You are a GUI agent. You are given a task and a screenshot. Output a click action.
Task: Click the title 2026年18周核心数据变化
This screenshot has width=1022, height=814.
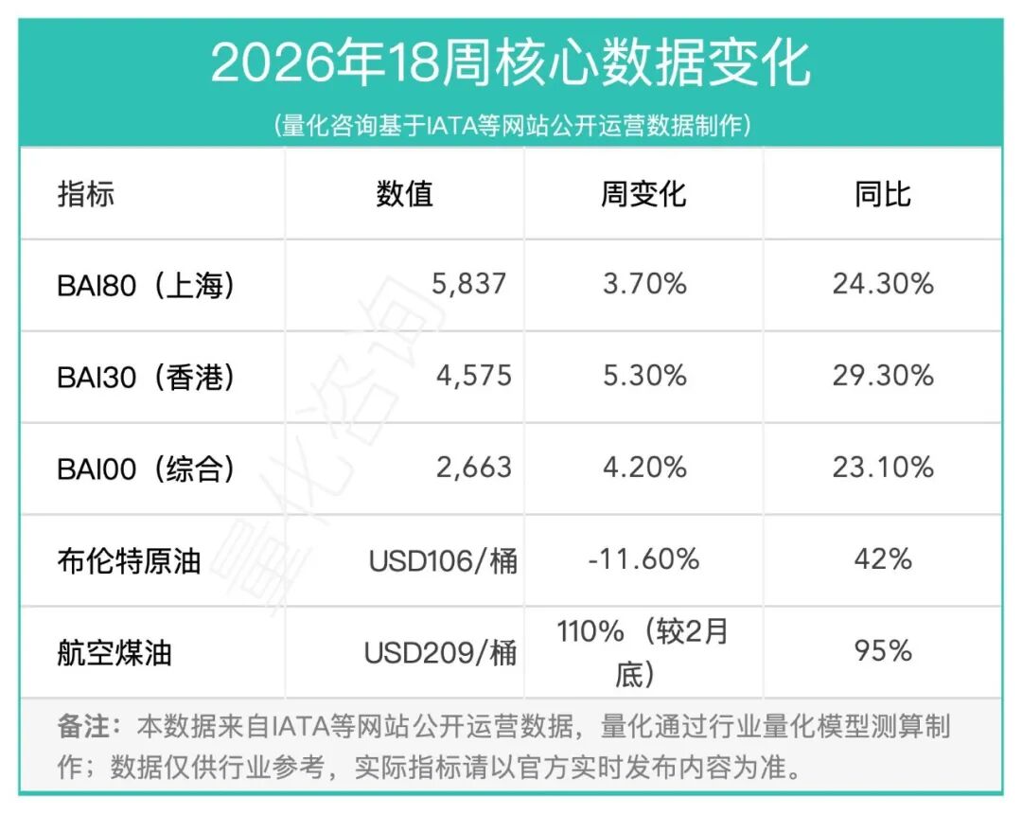click(x=510, y=64)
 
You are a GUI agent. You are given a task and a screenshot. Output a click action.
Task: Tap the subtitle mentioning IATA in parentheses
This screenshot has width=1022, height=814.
click(x=510, y=125)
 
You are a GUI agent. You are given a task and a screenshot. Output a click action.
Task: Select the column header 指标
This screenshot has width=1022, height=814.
click(x=86, y=194)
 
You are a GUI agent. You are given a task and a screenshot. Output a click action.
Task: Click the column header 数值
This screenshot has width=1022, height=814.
click(x=404, y=194)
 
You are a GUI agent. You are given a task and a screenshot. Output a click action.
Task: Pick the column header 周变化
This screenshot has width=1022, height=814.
click(x=643, y=194)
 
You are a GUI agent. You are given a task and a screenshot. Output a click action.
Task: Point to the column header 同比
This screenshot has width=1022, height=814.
click(x=882, y=194)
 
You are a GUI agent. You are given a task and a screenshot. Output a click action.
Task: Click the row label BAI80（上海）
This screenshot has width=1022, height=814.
click(x=146, y=284)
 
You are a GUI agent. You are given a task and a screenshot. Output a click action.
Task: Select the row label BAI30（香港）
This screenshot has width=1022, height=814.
click(x=146, y=376)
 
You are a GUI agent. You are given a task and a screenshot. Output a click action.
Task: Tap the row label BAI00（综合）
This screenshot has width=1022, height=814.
click(x=146, y=468)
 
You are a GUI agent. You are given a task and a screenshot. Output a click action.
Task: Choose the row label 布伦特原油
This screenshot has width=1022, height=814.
click(x=129, y=559)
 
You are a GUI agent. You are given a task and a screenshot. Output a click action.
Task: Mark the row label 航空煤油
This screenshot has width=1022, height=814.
click(x=115, y=652)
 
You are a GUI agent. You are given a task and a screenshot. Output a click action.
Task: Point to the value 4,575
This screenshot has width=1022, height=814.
click(x=473, y=376)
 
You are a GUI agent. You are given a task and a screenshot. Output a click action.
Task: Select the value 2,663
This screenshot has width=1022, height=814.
click(x=473, y=468)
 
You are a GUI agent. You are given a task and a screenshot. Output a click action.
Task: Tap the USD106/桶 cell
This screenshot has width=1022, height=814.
click(x=443, y=560)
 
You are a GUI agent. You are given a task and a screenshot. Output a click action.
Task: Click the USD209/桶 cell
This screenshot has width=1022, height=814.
click(x=441, y=652)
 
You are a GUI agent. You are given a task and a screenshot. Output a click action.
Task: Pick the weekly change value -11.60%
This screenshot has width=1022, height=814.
click(x=643, y=559)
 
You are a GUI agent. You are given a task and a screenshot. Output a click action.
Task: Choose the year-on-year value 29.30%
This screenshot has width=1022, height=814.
click(x=882, y=376)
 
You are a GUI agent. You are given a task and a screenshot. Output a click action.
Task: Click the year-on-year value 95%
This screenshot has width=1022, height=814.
click(x=882, y=652)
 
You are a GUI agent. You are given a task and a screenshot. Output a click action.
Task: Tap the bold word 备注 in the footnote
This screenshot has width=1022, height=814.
click(x=84, y=727)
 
